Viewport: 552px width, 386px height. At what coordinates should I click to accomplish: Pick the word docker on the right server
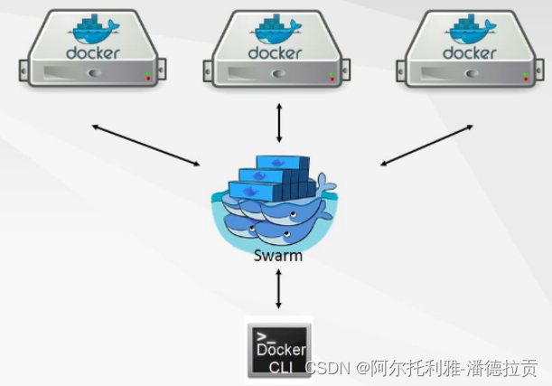coord(470,52)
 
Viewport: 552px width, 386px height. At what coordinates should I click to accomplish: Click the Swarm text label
coord(277,256)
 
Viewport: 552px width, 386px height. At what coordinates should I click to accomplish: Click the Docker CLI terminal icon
coord(279,348)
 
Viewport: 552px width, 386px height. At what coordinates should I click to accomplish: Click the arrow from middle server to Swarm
coord(278,123)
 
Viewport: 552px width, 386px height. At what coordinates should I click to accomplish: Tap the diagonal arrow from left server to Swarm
coord(145,145)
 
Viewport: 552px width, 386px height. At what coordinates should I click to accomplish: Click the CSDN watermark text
coord(420,368)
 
